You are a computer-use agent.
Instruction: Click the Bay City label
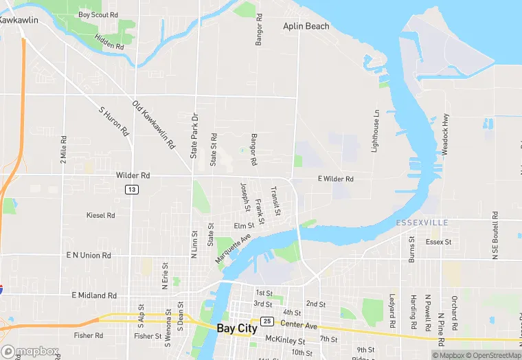point(237,328)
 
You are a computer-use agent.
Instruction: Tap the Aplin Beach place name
point(306,26)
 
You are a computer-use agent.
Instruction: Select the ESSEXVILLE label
point(422,223)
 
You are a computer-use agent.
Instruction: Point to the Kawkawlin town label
point(19,21)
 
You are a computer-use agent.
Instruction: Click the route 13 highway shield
point(131,189)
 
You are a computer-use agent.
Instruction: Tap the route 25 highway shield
point(267,322)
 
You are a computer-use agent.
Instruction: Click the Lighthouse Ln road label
point(376,131)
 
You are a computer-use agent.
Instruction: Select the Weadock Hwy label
point(445,133)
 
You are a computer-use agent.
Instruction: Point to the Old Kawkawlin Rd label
point(155,125)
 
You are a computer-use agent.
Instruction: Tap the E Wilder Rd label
point(335,179)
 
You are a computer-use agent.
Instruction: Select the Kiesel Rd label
point(101,215)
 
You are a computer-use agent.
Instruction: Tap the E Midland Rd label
point(94,295)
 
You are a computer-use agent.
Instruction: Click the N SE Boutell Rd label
point(495,235)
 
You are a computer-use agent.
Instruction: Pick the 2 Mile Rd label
point(63,148)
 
